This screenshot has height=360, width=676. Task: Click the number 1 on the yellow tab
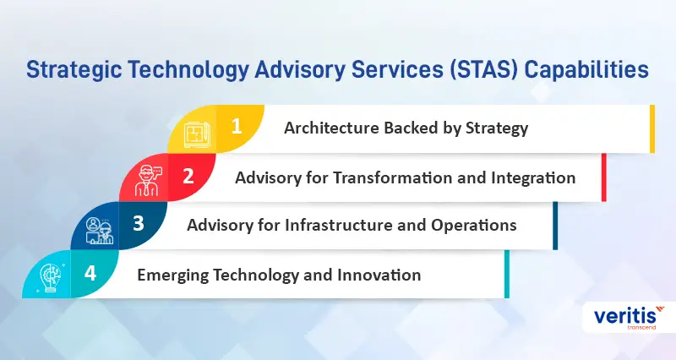tap(237, 127)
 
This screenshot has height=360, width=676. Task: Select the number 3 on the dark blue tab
tap(139, 225)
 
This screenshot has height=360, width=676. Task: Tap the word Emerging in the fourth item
tap(171, 275)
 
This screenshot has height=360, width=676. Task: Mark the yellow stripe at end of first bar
tap(651, 128)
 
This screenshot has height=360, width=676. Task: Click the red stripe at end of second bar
tap(603, 177)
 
